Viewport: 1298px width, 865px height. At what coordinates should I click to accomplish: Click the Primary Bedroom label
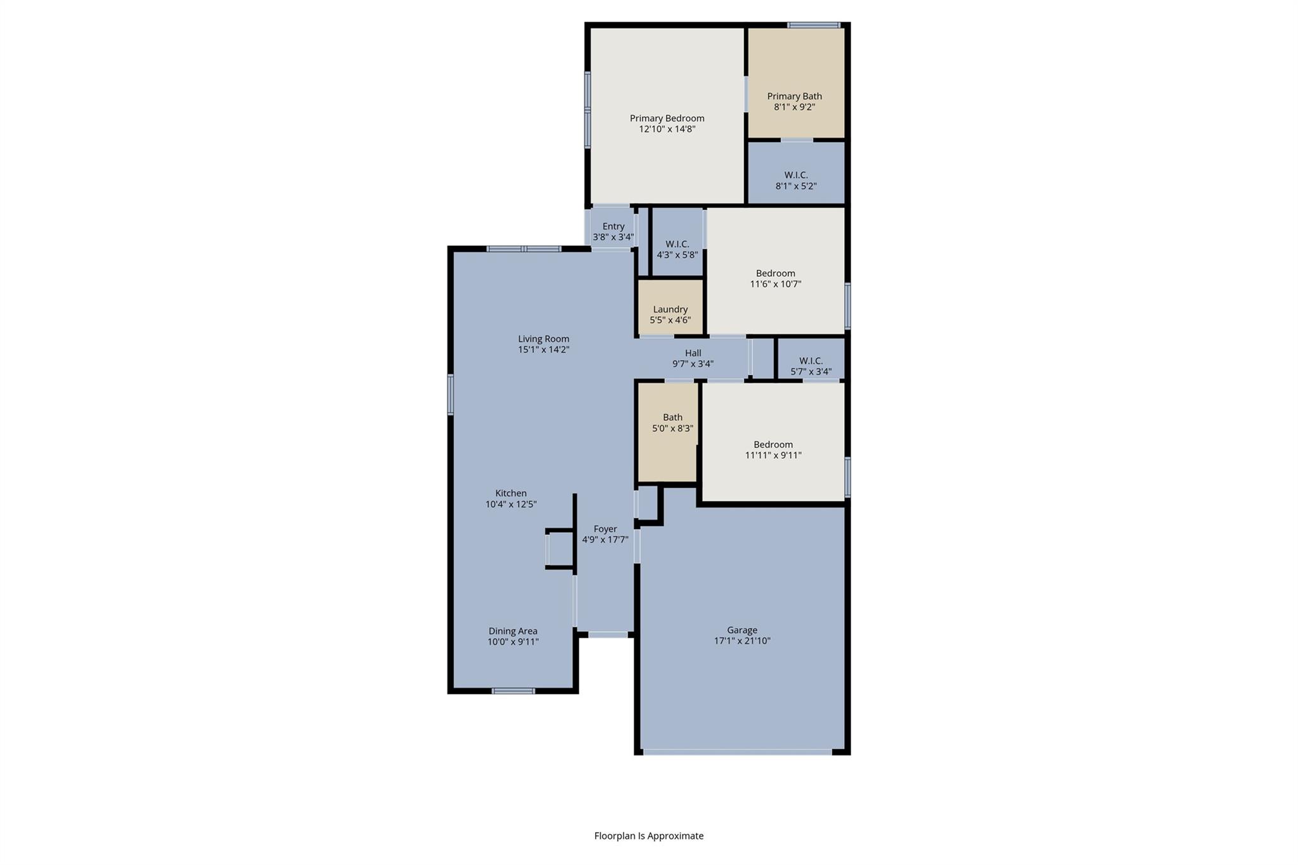click(667, 119)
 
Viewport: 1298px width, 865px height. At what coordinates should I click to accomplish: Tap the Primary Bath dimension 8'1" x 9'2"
click(794, 107)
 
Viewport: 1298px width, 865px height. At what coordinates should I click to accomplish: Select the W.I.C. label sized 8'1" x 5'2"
click(796, 175)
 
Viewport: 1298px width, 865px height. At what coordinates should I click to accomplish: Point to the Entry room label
click(613, 226)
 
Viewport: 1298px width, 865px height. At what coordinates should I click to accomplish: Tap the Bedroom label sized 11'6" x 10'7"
click(775, 273)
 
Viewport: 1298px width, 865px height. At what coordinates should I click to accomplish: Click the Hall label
click(693, 353)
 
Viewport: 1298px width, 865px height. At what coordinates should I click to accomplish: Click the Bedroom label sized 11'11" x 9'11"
click(773, 444)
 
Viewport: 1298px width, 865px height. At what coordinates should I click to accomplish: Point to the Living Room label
click(543, 339)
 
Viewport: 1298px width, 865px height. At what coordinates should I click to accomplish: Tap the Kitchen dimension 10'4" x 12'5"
click(511, 504)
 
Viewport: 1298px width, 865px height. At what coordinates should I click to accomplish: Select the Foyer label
click(605, 529)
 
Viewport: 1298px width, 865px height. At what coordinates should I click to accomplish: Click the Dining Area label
click(513, 631)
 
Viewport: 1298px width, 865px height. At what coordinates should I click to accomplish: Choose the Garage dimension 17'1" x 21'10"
click(742, 641)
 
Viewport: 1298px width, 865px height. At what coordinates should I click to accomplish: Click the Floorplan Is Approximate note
click(648, 836)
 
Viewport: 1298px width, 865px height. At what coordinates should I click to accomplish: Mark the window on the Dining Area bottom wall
click(513, 691)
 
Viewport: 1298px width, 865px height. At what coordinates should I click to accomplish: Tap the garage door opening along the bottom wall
click(737, 752)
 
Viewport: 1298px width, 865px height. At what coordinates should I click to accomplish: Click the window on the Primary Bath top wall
click(813, 25)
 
